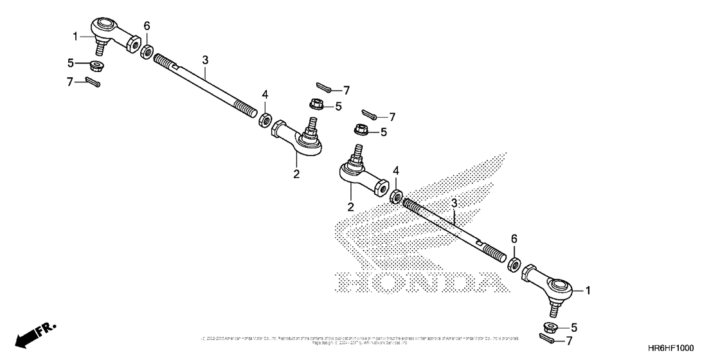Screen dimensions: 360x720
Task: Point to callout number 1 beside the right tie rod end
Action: (587, 291)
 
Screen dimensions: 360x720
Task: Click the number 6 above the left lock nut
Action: (147, 26)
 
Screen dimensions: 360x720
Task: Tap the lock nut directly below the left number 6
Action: (147, 52)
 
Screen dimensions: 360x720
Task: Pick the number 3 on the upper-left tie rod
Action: (205, 60)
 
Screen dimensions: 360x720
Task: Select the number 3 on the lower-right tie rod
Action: (454, 203)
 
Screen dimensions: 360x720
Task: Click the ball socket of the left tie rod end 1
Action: (105, 26)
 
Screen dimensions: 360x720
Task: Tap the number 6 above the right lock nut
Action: (513, 239)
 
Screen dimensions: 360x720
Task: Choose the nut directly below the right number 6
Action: (514, 263)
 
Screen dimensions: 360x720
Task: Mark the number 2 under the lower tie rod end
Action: (351, 207)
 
